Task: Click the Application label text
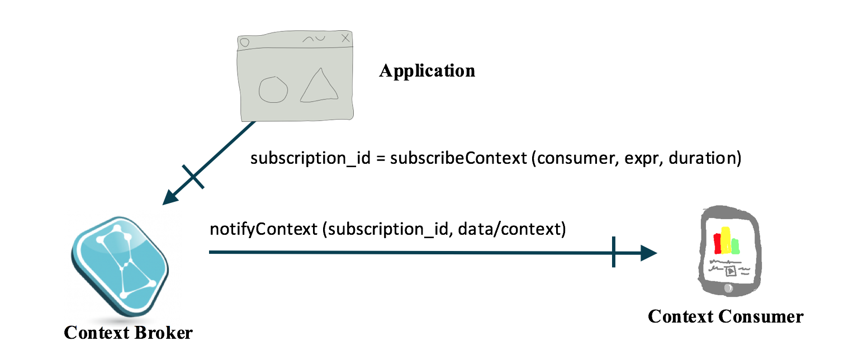[428, 71]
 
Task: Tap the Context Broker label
[128, 333]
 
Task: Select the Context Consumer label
[725, 316]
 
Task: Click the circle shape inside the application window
[274, 90]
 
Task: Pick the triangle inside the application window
[319, 87]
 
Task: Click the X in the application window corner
[345, 39]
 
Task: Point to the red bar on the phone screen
[718, 242]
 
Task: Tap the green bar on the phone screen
[735, 245]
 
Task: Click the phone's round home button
[728, 288]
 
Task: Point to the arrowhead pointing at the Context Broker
[170, 197]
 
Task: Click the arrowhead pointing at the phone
[648, 253]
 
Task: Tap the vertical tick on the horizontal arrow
[614, 252]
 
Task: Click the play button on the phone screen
[730, 271]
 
